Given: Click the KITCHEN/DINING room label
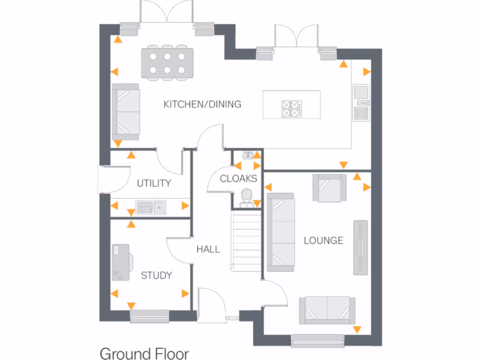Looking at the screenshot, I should (x=202, y=104).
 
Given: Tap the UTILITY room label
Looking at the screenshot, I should (x=154, y=183).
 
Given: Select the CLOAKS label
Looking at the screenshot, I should (x=238, y=179).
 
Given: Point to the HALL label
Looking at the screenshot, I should (x=208, y=249).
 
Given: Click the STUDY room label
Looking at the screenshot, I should (x=157, y=276).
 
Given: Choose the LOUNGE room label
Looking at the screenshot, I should (x=323, y=241).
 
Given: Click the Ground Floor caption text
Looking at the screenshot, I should (x=144, y=353).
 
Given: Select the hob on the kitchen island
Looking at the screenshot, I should (x=291, y=109).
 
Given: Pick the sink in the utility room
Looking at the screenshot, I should (x=151, y=206).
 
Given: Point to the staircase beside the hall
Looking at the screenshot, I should (x=247, y=240).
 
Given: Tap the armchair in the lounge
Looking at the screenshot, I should (x=330, y=187).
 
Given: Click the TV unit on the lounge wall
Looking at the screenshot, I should (x=360, y=247).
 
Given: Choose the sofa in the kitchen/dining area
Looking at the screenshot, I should (x=125, y=112).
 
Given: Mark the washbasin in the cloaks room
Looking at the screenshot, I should (x=247, y=155).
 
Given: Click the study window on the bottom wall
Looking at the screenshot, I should (x=150, y=316).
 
